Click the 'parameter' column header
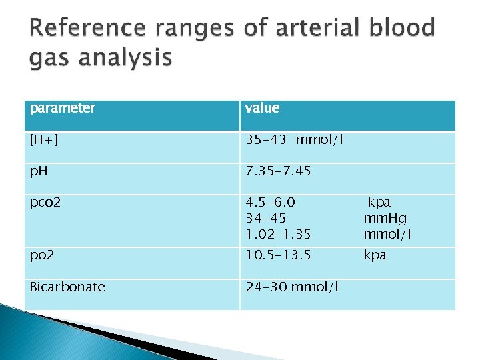62,108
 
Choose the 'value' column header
262,108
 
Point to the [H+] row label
43,139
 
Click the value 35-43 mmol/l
294,139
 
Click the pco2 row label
45,202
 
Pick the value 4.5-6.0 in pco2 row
270,202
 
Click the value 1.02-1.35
278,234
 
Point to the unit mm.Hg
385,218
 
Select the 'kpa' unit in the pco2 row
379,202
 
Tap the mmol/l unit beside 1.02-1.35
387,234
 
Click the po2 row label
42,255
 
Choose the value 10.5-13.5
278,255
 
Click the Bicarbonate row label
67,287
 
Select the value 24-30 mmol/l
291,287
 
